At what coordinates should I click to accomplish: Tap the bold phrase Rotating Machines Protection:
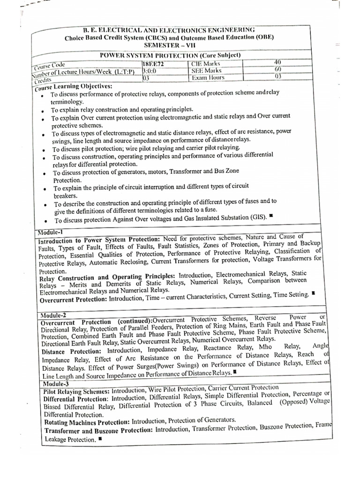87,422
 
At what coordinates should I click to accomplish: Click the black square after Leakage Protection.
101,439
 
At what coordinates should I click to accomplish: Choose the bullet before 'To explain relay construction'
42,110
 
